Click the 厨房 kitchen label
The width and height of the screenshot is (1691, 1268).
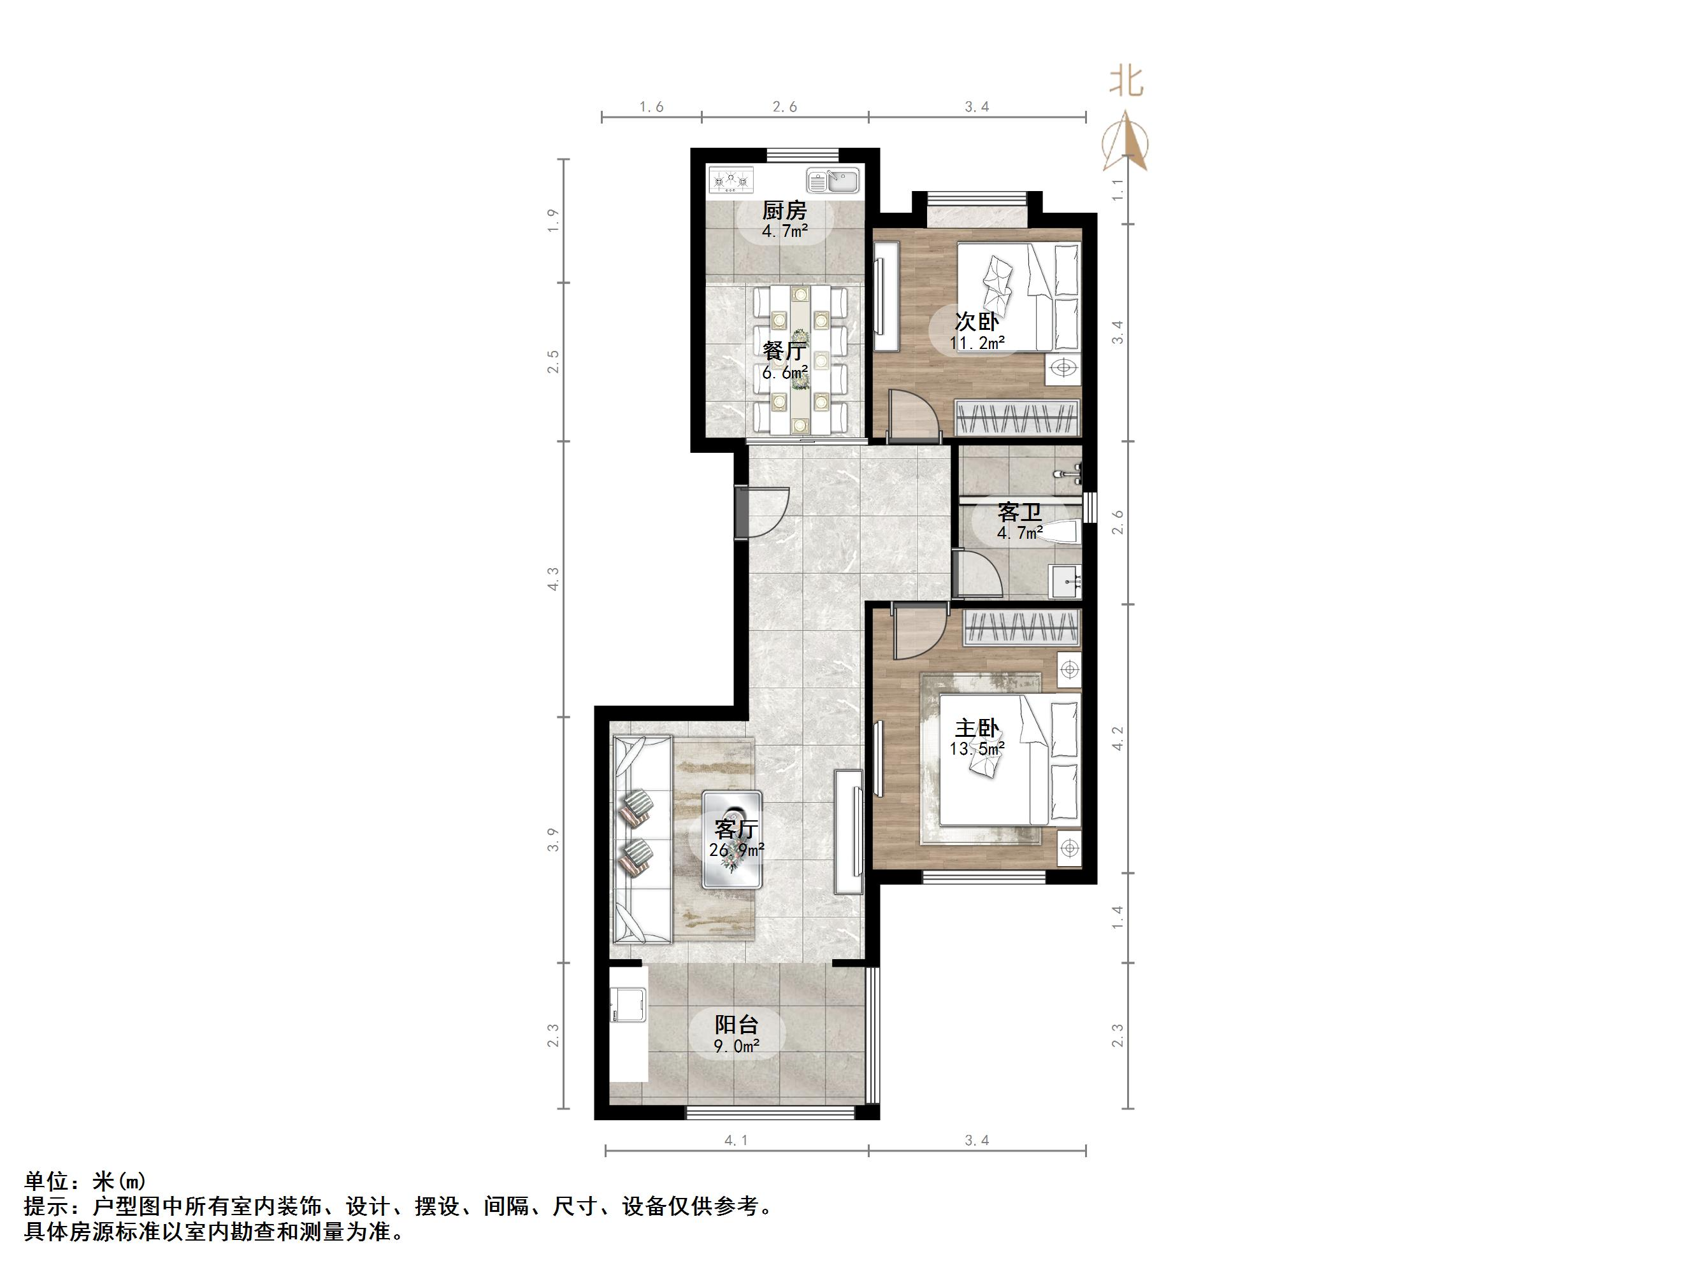click(x=784, y=210)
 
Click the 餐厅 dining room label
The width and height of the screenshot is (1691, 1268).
click(x=784, y=351)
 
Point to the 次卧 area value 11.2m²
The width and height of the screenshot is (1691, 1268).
click(x=977, y=343)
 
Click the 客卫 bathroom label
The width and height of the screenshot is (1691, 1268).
click(x=1019, y=511)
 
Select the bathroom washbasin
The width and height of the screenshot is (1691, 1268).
click(x=1066, y=582)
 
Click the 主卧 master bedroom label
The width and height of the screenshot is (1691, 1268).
click(x=976, y=728)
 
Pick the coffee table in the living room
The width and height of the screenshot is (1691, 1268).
click(x=732, y=839)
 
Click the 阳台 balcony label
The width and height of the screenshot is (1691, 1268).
click(x=736, y=1024)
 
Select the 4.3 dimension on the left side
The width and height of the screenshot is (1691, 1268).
click(x=554, y=578)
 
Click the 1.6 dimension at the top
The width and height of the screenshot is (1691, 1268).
click(x=651, y=107)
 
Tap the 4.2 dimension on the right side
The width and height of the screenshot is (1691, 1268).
click(x=1118, y=738)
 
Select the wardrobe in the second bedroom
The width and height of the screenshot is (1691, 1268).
click(x=1017, y=419)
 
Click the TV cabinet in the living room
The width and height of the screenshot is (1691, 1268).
click(x=849, y=831)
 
